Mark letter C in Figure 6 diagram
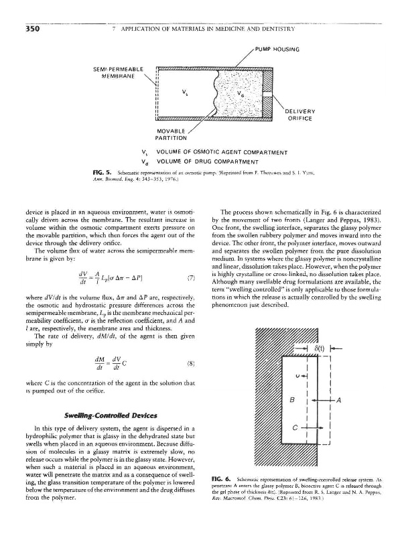click(x=292, y=426)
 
